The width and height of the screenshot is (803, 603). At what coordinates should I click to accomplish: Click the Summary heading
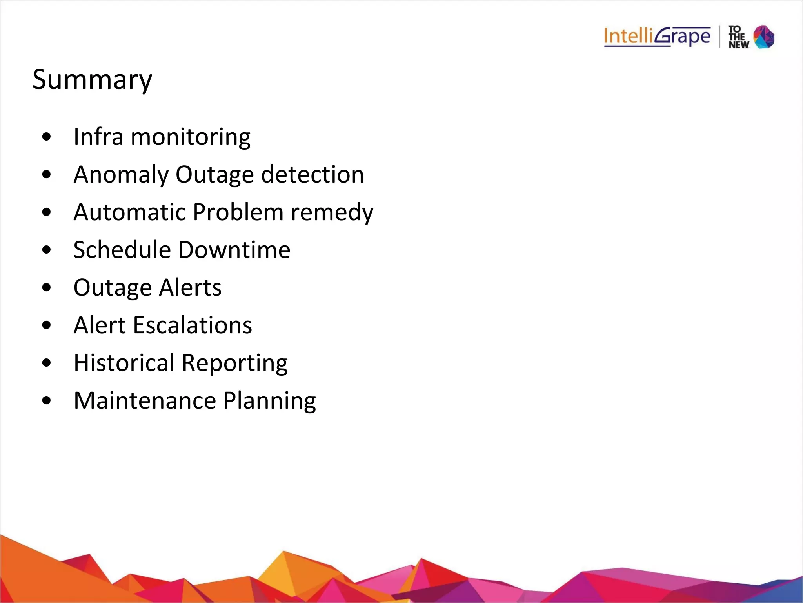pyautogui.click(x=92, y=80)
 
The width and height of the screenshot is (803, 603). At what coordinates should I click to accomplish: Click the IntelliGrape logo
pyautogui.click(x=657, y=37)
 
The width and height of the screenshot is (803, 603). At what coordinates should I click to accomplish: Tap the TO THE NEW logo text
pyautogui.click(x=738, y=37)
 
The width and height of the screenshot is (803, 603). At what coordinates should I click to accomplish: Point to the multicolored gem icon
pyautogui.click(x=764, y=37)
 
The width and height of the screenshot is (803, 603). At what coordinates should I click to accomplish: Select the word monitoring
pyautogui.click(x=191, y=137)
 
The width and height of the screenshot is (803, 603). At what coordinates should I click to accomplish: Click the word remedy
pyautogui.click(x=332, y=212)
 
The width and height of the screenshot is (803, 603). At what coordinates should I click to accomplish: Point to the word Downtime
pyautogui.click(x=234, y=250)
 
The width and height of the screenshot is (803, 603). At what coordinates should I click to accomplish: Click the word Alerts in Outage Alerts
pyautogui.click(x=190, y=287)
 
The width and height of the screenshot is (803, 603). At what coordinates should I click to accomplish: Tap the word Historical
pyautogui.click(x=124, y=363)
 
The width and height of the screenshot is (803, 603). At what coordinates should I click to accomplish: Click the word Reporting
pyautogui.click(x=234, y=363)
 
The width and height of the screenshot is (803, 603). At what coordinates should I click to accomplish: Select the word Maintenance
pyautogui.click(x=145, y=400)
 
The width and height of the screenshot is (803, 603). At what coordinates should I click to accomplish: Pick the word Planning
pyautogui.click(x=270, y=401)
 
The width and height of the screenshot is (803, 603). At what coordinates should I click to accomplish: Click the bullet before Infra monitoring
pyautogui.click(x=46, y=137)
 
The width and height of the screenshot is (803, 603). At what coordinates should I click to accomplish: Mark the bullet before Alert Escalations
pyautogui.click(x=46, y=325)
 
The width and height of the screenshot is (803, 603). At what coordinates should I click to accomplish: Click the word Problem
pyautogui.click(x=238, y=212)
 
